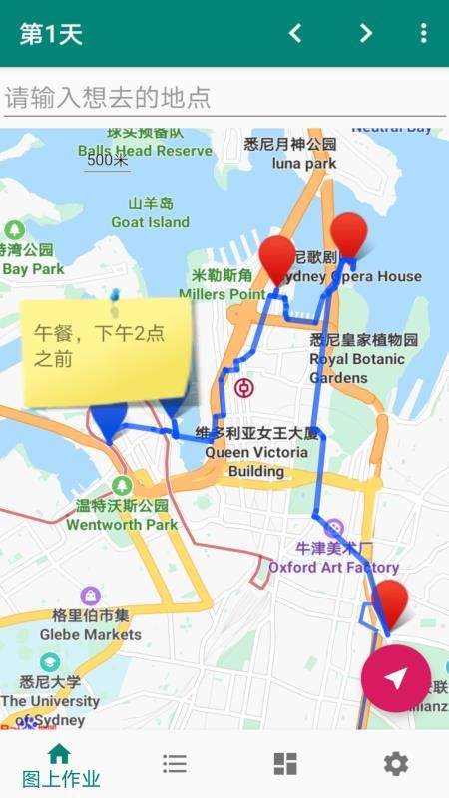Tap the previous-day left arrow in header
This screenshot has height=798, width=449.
[x=295, y=33]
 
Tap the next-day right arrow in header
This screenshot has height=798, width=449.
[x=366, y=33]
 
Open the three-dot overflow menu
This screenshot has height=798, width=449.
[x=423, y=33]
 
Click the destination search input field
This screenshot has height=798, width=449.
[x=224, y=97]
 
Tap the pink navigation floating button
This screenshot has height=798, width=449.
[x=396, y=678]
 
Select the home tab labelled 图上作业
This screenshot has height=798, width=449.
[x=60, y=765]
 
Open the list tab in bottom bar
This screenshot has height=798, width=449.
[x=175, y=764]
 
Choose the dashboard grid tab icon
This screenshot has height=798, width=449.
[x=285, y=764]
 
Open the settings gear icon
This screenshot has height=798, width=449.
[x=396, y=764]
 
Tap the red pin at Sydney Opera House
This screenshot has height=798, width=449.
[x=349, y=236]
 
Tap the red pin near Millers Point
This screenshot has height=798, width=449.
[x=277, y=259]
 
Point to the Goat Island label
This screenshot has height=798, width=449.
[x=150, y=213]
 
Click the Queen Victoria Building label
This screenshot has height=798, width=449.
[x=256, y=451]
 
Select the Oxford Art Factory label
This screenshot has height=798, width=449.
[x=333, y=558]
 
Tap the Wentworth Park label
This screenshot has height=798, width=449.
[x=122, y=515]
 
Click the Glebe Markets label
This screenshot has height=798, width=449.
[x=91, y=624]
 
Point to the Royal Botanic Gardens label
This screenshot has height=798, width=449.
[x=357, y=359]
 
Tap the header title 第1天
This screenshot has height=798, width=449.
[x=51, y=34]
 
